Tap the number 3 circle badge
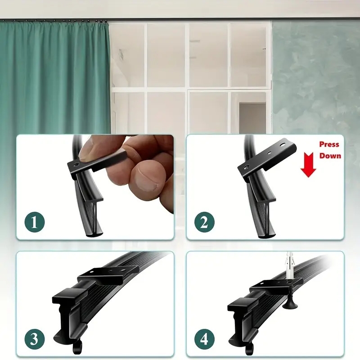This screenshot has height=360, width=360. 35,337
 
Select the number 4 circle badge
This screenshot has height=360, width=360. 205,337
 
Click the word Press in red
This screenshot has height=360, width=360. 329,144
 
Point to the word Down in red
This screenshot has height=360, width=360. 330,156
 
